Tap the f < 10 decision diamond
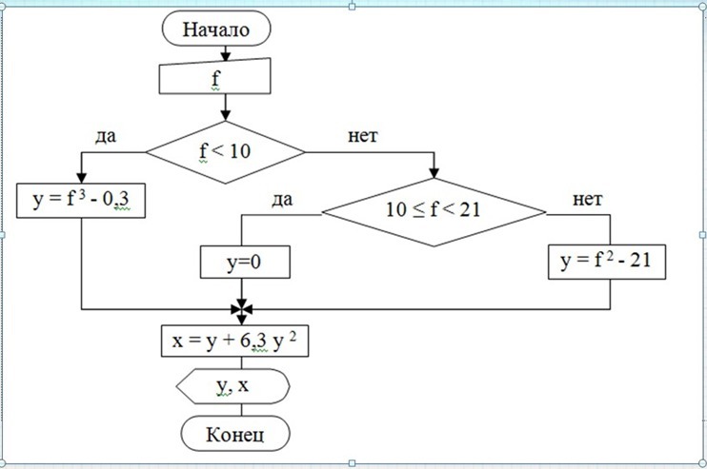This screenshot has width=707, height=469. (x=225, y=150)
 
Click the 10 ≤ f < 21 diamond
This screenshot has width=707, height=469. (x=434, y=210)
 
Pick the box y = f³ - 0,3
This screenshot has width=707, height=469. (x=82, y=203)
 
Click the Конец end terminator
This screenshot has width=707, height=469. (x=234, y=435)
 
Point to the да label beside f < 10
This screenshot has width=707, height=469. (x=107, y=136)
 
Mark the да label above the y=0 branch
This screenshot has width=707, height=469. (x=281, y=199)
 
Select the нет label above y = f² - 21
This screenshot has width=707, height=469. (x=590, y=199)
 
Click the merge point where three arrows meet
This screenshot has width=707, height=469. (x=241, y=309)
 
